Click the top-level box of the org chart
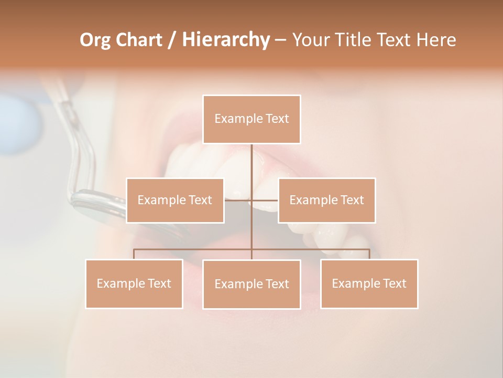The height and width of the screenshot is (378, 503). [x=251, y=119]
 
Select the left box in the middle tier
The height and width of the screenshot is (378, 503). [x=175, y=201]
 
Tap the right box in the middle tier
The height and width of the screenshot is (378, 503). [x=326, y=201]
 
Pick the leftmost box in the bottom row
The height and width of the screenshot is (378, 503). [x=134, y=284]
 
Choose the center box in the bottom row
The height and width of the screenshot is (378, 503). [x=251, y=285]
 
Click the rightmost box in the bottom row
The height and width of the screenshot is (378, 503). [x=369, y=284]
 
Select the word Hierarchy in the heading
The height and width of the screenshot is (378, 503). [x=225, y=40]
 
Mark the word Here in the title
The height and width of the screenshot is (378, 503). [x=436, y=40]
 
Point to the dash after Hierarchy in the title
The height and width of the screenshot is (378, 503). [x=280, y=40]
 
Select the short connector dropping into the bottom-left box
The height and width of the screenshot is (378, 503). [x=134, y=254]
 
